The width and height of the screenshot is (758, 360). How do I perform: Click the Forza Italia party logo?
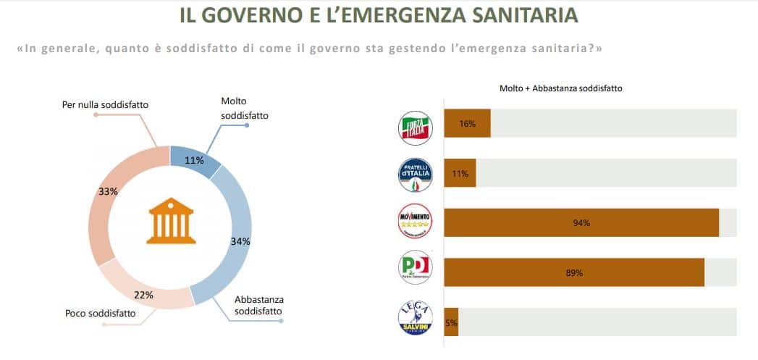pos(416,127)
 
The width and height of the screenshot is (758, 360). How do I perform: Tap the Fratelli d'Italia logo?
pos(416,175)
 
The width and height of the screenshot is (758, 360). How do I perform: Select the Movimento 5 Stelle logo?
pos(416,221)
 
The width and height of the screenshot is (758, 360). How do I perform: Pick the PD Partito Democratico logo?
pos(416,267)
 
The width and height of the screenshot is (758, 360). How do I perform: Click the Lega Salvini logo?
pos(416,319)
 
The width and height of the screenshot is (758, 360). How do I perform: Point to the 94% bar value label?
pos(581,223)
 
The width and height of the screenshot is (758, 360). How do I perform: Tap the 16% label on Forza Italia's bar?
pos(467,124)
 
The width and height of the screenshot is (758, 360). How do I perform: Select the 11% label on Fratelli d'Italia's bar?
pos(460,174)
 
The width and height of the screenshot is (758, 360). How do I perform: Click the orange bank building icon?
pos(170,222)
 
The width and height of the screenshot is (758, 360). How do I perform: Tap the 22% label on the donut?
pos(143,295)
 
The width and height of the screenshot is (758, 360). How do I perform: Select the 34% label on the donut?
pos(240,241)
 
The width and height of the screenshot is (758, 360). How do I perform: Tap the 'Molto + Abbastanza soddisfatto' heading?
pos(561,88)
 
